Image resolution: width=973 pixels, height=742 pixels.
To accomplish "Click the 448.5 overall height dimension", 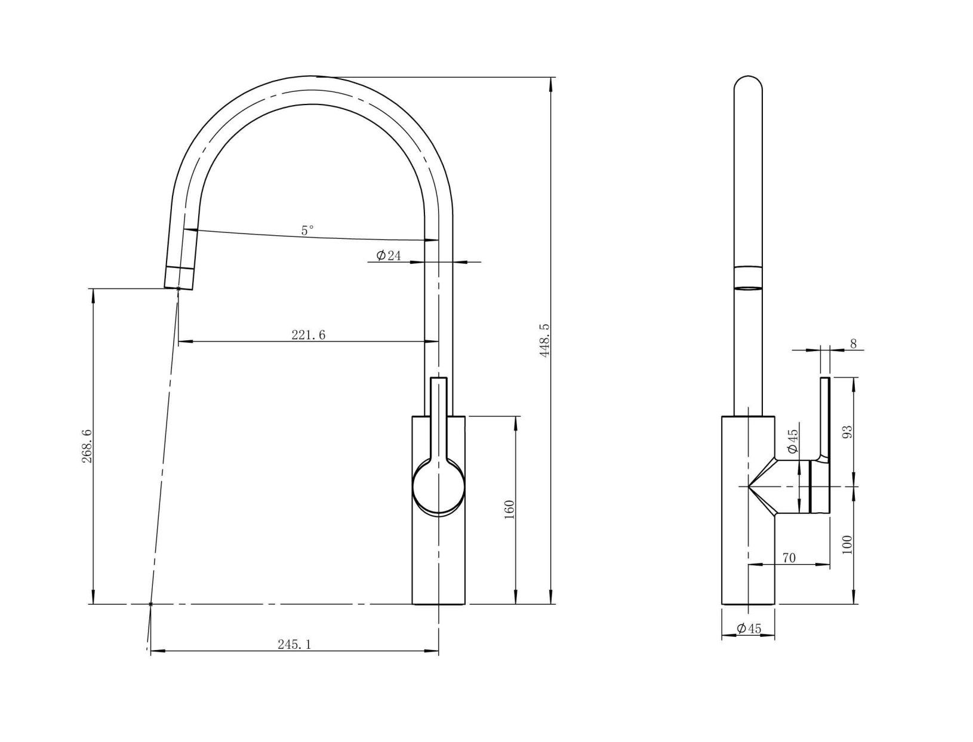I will (544, 341).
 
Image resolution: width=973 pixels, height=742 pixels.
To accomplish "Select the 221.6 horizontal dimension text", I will (308, 335).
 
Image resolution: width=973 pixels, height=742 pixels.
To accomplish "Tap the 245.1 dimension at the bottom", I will (294, 644).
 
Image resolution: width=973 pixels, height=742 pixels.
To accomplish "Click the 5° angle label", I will (307, 230).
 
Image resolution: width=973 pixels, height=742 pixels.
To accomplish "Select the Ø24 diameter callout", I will (389, 255).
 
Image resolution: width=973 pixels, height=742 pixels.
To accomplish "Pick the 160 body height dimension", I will (509, 509).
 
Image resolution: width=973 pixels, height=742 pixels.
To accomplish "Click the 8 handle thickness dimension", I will (853, 343).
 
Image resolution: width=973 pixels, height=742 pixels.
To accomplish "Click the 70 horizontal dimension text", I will (789, 558).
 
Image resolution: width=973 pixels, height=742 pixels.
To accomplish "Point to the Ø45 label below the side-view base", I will (749, 629).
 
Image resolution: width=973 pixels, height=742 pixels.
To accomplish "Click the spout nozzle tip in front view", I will (178, 278).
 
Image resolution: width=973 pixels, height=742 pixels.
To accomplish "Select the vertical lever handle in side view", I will (825, 418).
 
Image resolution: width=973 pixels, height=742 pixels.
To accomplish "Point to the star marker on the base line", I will (150, 604).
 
